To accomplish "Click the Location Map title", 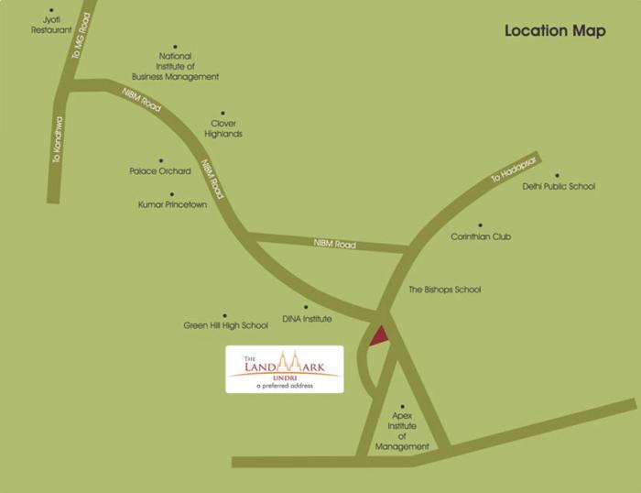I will point(555,31).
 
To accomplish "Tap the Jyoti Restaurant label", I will point(51,25).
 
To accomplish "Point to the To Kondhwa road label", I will point(57,139).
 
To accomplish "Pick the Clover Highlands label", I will point(224,128).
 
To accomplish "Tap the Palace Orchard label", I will point(160,171).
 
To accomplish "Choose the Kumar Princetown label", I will point(172,204).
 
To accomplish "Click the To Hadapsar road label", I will point(511,170).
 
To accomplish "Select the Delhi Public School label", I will point(559,186).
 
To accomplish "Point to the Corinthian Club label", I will point(481,236).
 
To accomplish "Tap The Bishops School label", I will point(444,290).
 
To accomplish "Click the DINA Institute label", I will point(307,319).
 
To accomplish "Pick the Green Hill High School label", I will point(225,325).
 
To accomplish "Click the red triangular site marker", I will point(379,336).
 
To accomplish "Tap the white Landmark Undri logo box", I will point(285,368).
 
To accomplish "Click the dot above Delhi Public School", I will point(556,175).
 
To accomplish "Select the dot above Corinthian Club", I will point(479,225).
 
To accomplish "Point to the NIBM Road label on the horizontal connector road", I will point(334,244).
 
